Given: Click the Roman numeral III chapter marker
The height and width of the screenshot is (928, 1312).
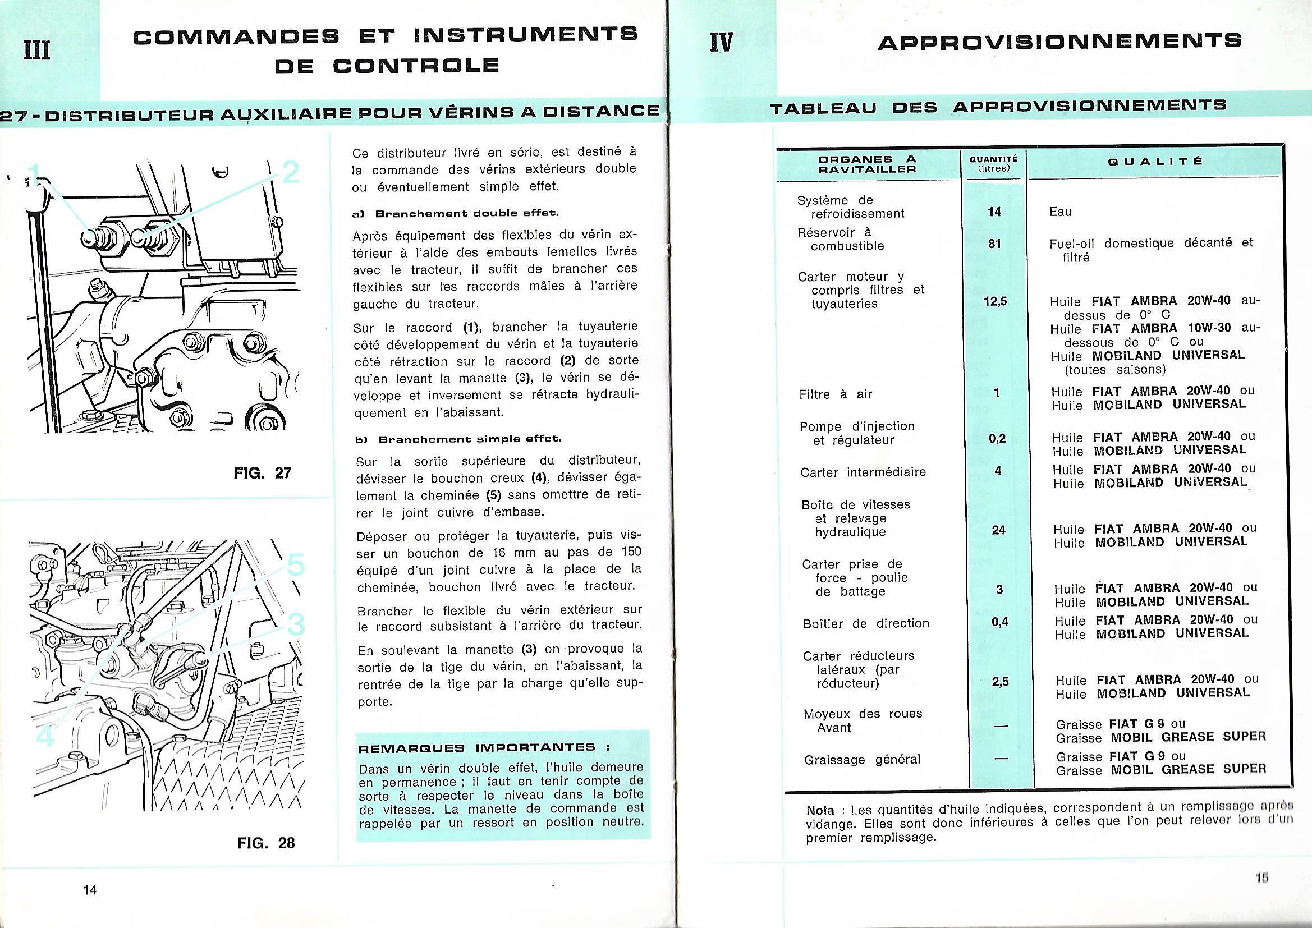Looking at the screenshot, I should pos(37,50).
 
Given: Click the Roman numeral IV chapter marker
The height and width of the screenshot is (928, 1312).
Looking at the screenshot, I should pos(721,42).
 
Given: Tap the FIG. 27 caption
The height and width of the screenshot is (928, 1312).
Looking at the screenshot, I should pos(263,473).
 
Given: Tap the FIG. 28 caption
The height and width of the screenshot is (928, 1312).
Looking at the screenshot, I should pos(266,843).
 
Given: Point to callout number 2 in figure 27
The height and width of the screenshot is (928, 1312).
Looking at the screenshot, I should pos(291,172).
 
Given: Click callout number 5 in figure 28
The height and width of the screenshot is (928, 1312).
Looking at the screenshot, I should pos(295,566).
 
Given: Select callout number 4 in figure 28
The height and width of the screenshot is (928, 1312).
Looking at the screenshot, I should pos(45,735).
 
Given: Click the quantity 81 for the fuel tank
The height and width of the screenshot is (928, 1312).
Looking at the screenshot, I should pos(994,244).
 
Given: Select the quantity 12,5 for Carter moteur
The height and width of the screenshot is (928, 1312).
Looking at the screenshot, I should pos(995,301).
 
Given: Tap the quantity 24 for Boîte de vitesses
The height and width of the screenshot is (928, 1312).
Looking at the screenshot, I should pos(998,530).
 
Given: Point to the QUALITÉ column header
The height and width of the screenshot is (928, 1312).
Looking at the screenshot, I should pos(1155,162).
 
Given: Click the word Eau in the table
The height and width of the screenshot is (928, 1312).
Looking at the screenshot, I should pos(1060,212).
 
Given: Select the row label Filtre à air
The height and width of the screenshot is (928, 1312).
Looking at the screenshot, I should pos(836,394).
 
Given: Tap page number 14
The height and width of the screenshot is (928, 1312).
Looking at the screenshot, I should pos(90,890).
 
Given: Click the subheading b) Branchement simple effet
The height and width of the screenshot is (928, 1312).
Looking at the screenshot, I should pos(459,439).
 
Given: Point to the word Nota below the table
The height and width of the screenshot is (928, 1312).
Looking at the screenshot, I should pos(820,810).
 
